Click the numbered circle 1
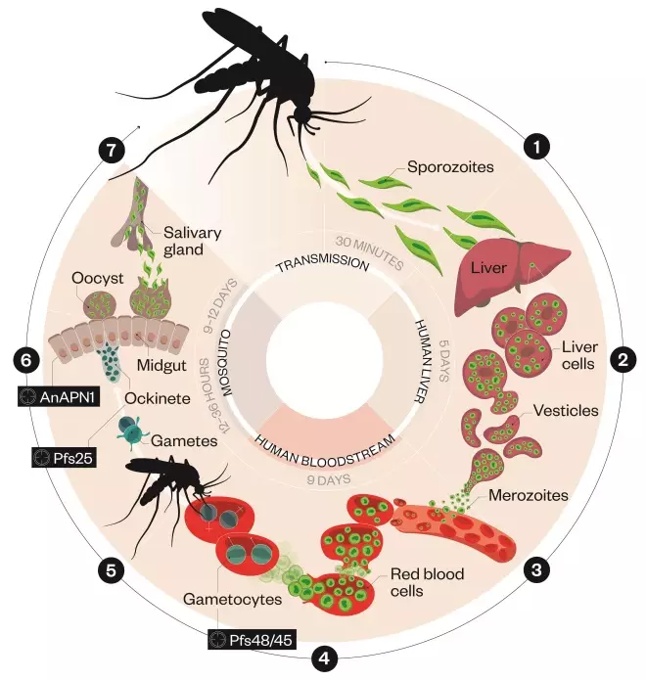pyautogui.click(x=535, y=148)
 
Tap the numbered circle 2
pyautogui.click(x=621, y=359)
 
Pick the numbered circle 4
pyautogui.click(x=324, y=657)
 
